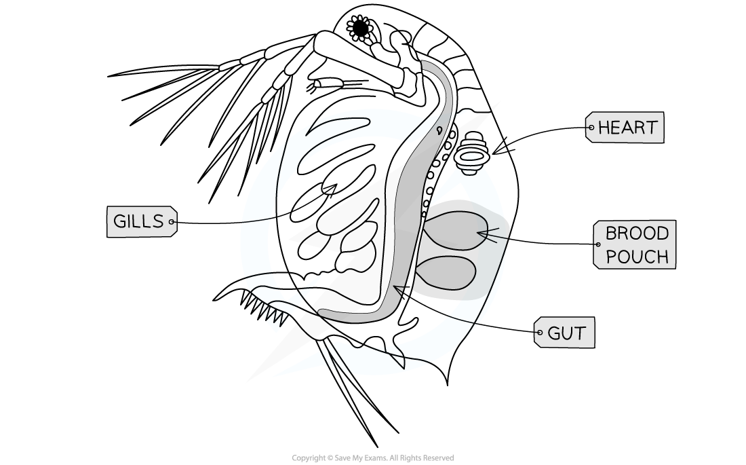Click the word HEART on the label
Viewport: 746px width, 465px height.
coord(627,128)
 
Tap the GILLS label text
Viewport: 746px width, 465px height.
coord(138,221)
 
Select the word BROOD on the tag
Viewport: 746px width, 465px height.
coord(637,234)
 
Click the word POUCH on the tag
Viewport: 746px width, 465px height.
coord(637,257)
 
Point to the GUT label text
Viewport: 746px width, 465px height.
coord(567,333)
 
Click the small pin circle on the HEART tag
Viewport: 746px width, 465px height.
coord(591,128)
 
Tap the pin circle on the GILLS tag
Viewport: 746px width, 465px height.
coord(172,221)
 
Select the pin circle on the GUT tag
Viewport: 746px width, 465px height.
coord(540,333)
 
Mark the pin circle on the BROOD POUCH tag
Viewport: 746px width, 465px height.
coord(597,244)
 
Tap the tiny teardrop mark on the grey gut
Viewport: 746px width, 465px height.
coord(439,129)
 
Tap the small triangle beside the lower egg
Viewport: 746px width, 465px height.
coord(399,291)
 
